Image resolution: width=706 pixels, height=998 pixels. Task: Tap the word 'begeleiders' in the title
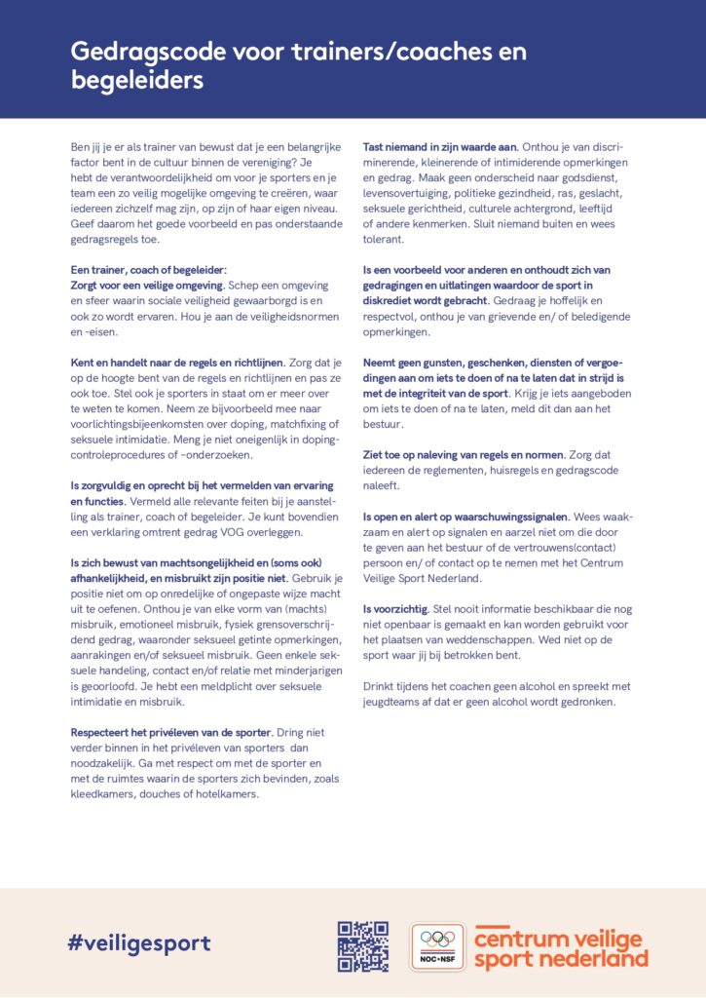[x=137, y=81]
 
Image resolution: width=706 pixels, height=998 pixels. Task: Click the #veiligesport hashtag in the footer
[x=139, y=942]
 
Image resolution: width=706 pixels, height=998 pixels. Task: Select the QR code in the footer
[x=363, y=946]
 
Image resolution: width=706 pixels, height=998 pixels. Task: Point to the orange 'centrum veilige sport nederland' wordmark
[x=560, y=946]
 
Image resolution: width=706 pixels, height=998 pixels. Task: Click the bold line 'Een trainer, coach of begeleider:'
[x=144, y=270]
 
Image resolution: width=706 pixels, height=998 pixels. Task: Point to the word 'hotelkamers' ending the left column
[x=225, y=794]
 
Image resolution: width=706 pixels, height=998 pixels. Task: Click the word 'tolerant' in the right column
[x=384, y=240]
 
